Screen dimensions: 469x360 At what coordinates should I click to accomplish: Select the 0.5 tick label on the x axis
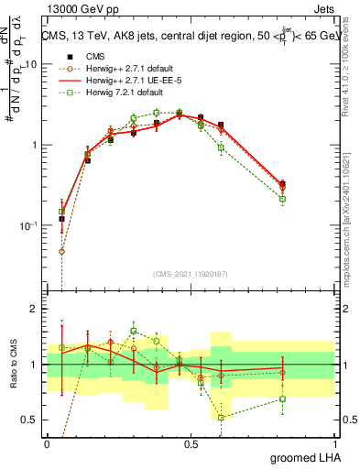191,444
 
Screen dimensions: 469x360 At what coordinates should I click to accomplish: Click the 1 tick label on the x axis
334,444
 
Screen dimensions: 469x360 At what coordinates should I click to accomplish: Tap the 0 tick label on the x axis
48,444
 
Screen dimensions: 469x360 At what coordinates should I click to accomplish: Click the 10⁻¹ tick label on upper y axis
30,225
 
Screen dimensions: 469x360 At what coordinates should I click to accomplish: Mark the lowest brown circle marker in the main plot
61,251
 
